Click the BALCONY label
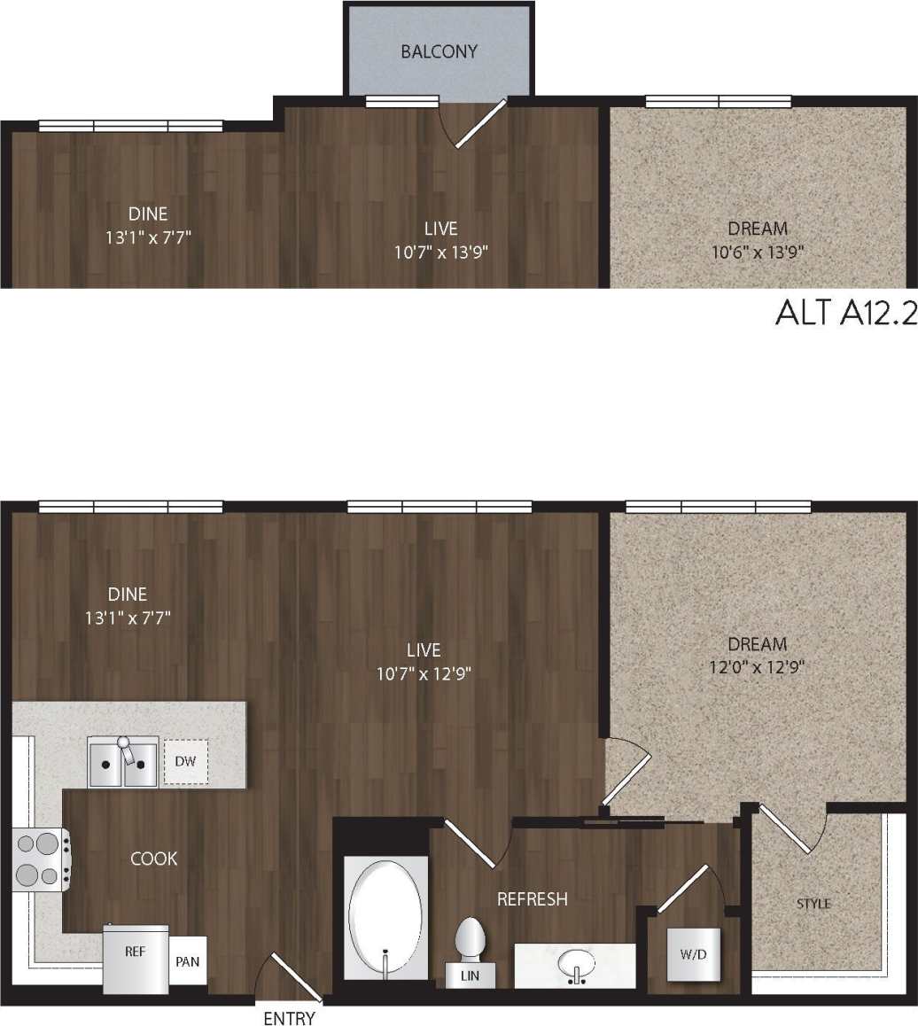(439, 51)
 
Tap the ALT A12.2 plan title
(844, 313)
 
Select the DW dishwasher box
(186, 761)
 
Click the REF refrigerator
(136, 958)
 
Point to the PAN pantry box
(188, 960)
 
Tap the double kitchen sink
(123, 762)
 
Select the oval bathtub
(385, 919)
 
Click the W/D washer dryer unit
(693, 954)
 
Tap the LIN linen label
(471, 976)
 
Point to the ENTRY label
(289, 1018)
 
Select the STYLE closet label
(813, 904)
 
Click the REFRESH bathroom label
(532, 899)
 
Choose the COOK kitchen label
(153, 859)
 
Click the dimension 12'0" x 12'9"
(757, 667)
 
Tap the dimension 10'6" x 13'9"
(757, 252)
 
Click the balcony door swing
(474, 124)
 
